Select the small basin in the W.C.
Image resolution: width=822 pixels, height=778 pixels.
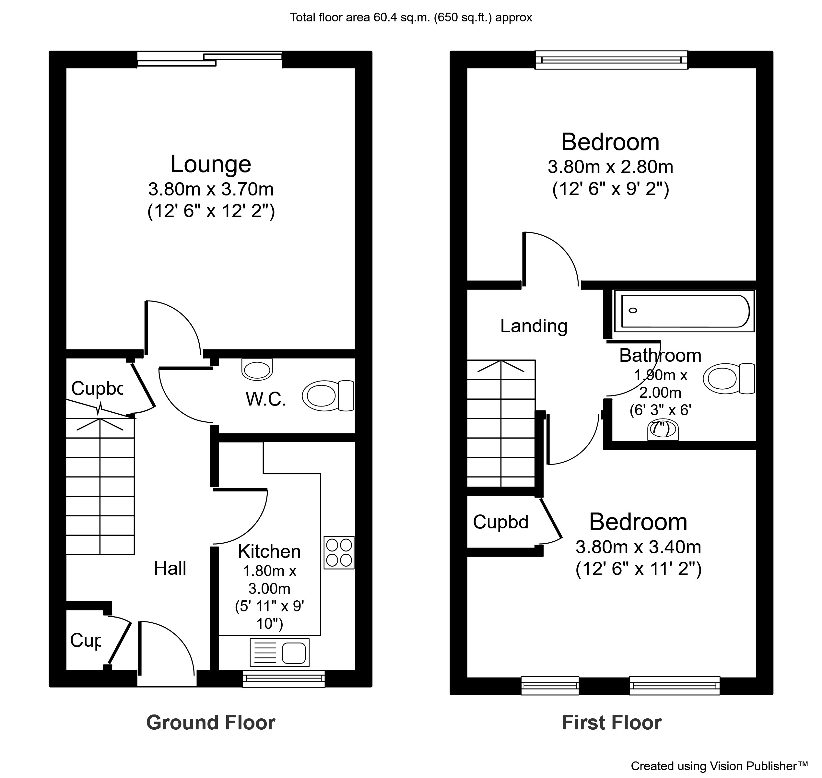coord(257,369)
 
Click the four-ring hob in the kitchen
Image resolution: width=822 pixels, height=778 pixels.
coord(339,552)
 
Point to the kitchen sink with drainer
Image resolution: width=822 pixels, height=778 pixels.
coord(279,652)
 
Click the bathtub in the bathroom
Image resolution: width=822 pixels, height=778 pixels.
coord(684,311)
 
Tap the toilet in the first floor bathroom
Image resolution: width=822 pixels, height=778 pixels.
coord(729,379)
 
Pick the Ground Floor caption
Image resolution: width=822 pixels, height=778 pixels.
coord(211,723)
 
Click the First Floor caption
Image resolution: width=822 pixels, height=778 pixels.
coord(611,723)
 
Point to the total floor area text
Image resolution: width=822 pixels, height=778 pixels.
coord(411,18)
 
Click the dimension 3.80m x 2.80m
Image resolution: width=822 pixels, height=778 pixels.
coord(610,167)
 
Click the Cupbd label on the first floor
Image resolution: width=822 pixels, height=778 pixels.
coord(500,522)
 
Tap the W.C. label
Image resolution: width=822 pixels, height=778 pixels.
coord(266,399)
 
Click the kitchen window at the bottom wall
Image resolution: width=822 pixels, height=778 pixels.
coord(283,678)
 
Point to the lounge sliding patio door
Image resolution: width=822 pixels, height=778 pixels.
coord(209,59)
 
